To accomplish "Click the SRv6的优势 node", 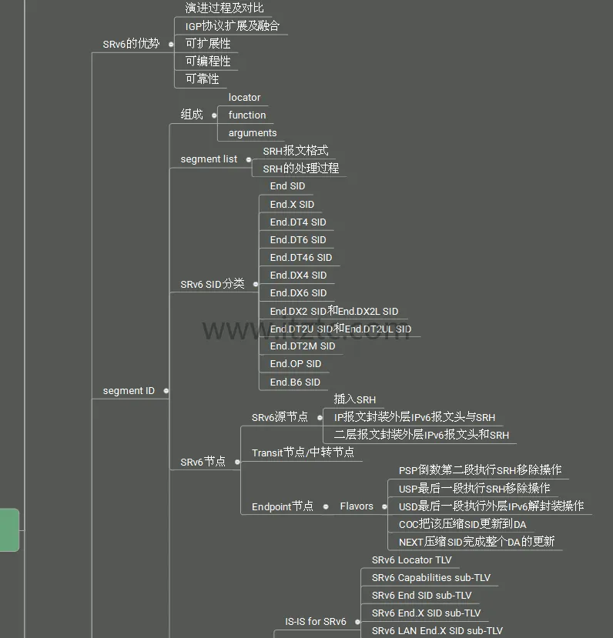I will (x=131, y=44).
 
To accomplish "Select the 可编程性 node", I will (x=207, y=62).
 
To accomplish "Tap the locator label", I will (x=244, y=98).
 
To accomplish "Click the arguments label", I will (x=252, y=133).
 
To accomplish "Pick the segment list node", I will (x=209, y=159).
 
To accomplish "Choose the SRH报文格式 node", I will (x=295, y=151).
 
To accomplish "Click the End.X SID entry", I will (x=292, y=205).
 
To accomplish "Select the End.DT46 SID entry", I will (x=300, y=258).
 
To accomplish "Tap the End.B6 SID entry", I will (x=294, y=382).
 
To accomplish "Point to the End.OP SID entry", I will (x=295, y=364).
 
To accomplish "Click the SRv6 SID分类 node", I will (x=212, y=284).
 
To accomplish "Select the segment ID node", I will (x=129, y=391).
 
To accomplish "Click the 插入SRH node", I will (x=354, y=400).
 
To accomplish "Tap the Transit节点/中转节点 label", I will (x=303, y=453).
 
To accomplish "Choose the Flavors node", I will (x=357, y=506).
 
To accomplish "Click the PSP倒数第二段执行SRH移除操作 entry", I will (x=480, y=470).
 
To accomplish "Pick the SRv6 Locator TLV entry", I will (x=411, y=560).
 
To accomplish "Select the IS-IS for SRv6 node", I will (x=316, y=622).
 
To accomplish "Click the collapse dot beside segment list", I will (x=249, y=159).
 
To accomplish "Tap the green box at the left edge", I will (x=9, y=529).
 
